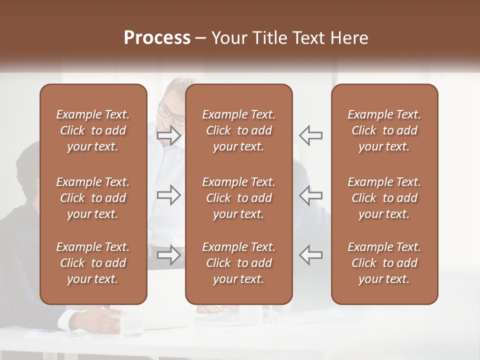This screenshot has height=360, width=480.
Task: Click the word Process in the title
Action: [157, 38]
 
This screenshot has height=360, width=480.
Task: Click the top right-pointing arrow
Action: [168, 135]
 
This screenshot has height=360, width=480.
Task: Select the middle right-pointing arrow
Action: [168, 195]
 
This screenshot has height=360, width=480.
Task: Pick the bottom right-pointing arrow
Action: [168, 255]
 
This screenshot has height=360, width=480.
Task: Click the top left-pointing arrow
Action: [310, 135]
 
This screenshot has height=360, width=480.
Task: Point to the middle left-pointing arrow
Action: [310, 195]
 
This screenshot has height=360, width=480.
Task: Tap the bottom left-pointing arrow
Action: [310, 255]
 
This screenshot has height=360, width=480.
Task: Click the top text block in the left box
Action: [93, 130]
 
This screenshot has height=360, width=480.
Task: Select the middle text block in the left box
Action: [93, 198]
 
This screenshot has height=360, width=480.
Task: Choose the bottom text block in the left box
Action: [93, 263]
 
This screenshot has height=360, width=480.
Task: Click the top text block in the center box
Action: [239, 130]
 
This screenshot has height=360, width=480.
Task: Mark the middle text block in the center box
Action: [239, 198]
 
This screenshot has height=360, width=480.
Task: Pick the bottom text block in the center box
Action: [239, 263]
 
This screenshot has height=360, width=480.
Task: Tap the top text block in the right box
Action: [384, 130]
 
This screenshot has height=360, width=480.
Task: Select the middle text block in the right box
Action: [384, 198]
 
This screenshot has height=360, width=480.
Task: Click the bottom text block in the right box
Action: [384, 263]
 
